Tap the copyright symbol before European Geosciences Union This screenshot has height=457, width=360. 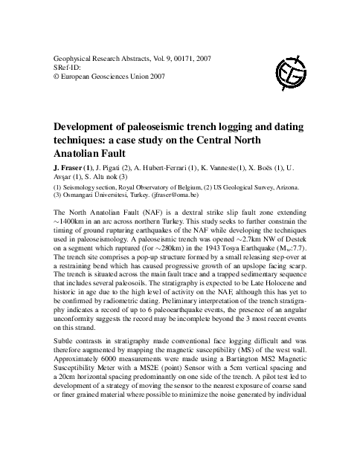(58, 75)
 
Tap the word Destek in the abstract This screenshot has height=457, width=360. (295, 239)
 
